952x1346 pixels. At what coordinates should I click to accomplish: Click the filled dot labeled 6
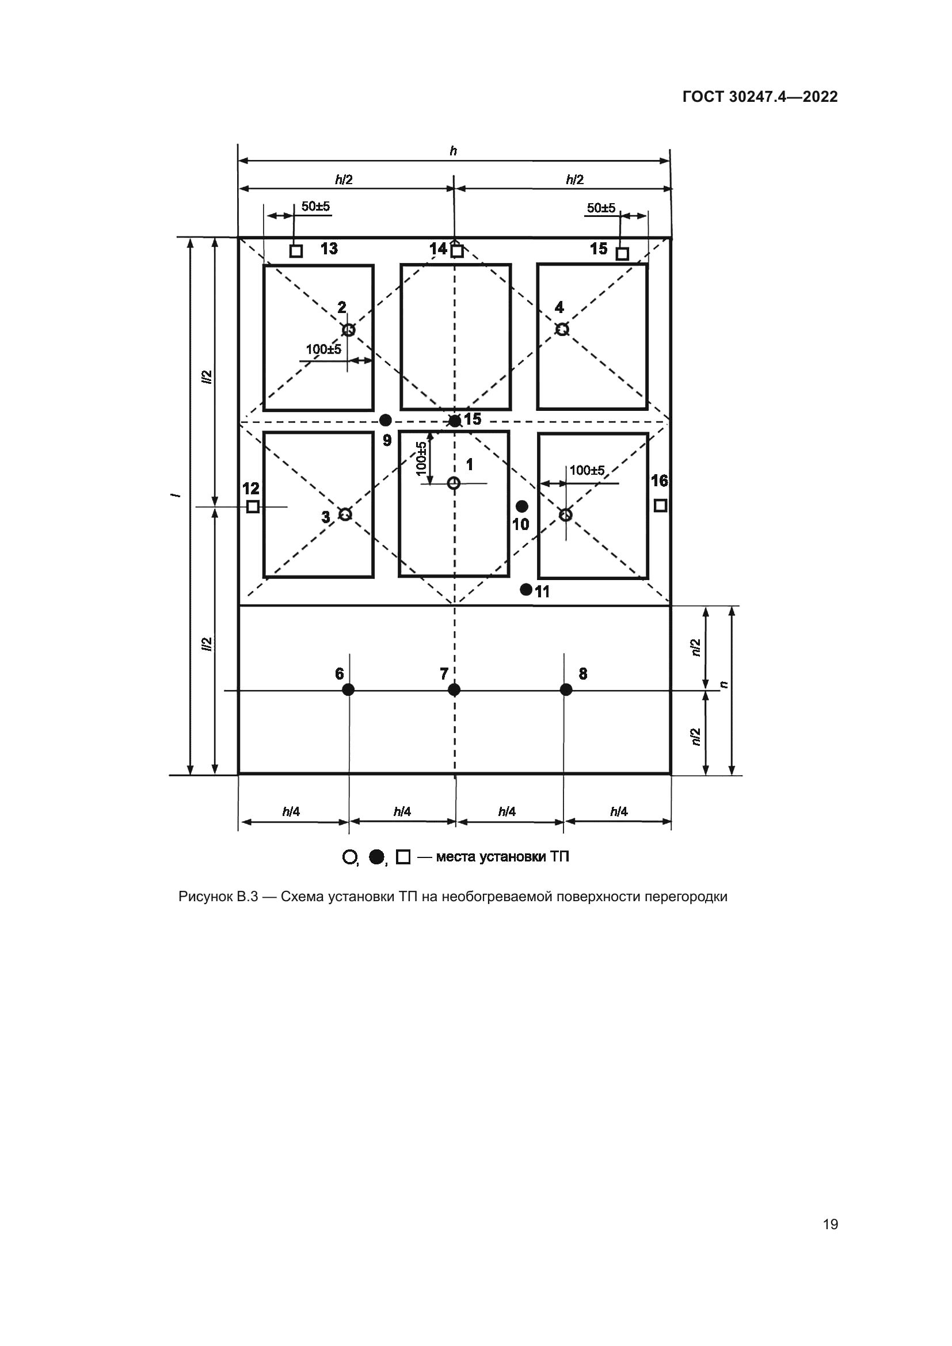tap(348, 689)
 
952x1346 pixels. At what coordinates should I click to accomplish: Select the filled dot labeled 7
tap(454, 689)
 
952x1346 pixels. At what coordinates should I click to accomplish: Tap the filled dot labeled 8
tap(566, 689)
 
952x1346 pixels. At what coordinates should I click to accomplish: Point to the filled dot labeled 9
tap(386, 420)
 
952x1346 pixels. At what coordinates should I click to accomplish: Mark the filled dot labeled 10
tap(521, 506)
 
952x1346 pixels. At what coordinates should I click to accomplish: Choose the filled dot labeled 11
tap(527, 589)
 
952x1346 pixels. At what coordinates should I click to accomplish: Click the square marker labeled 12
tap(253, 506)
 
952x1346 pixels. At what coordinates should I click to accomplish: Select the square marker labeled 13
tap(296, 251)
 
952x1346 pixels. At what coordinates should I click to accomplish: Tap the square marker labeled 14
tap(457, 251)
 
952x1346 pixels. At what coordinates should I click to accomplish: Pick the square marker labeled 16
tap(660, 505)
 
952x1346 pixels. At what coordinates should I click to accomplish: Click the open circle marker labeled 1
tap(453, 483)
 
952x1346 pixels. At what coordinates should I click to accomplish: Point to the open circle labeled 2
tap(348, 330)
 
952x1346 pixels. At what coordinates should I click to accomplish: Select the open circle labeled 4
tap(562, 330)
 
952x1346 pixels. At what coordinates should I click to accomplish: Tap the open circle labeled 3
tap(345, 514)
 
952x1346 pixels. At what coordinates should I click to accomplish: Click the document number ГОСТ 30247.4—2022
tap(760, 97)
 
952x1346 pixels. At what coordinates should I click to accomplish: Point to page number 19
tap(830, 1224)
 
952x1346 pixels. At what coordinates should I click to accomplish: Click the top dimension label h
tap(453, 151)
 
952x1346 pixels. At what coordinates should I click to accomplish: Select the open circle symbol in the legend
tap(349, 856)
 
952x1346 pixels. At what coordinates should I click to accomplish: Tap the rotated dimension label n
tap(724, 684)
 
